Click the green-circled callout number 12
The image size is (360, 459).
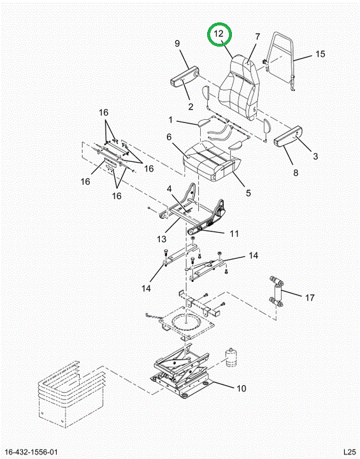coord(219,33)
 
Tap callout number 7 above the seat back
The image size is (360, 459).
coord(257,37)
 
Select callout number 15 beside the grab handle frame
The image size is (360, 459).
coord(320,54)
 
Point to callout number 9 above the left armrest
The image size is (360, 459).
coord(177,43)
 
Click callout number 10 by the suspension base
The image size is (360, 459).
coord(241,388)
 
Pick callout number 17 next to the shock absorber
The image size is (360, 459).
coord(310,298)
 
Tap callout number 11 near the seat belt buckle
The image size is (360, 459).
coord(234,233)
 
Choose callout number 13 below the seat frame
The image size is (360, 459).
coord(161,239)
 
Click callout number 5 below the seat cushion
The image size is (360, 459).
coord(248,193)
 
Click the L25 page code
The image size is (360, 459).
coord(349,452)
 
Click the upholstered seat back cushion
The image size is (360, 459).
coord(239,87)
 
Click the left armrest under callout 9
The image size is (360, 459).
coord(185,77)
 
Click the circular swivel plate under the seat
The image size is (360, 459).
coord(187,323)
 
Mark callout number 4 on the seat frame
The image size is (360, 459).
coord(169,189)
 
